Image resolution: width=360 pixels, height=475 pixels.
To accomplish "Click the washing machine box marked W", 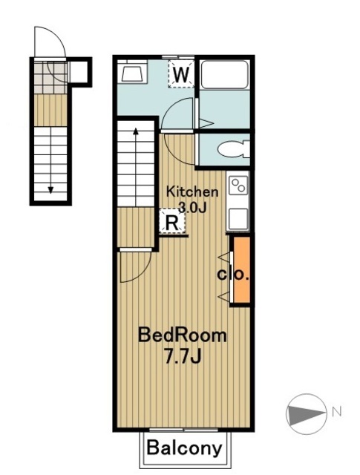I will click(181, 74).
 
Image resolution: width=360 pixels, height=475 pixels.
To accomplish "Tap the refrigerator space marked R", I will click(171, 221).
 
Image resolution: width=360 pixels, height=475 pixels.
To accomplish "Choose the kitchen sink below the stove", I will click(239, 218).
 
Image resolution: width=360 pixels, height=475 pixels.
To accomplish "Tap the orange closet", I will click(241, 270).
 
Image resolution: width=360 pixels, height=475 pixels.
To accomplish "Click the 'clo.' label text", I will click(232, 274).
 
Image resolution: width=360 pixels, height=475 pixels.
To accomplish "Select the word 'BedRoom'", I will click(183, 335).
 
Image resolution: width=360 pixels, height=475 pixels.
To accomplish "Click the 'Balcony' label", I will click(184, 448).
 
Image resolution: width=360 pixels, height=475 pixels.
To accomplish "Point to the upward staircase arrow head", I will click(136, 132).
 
